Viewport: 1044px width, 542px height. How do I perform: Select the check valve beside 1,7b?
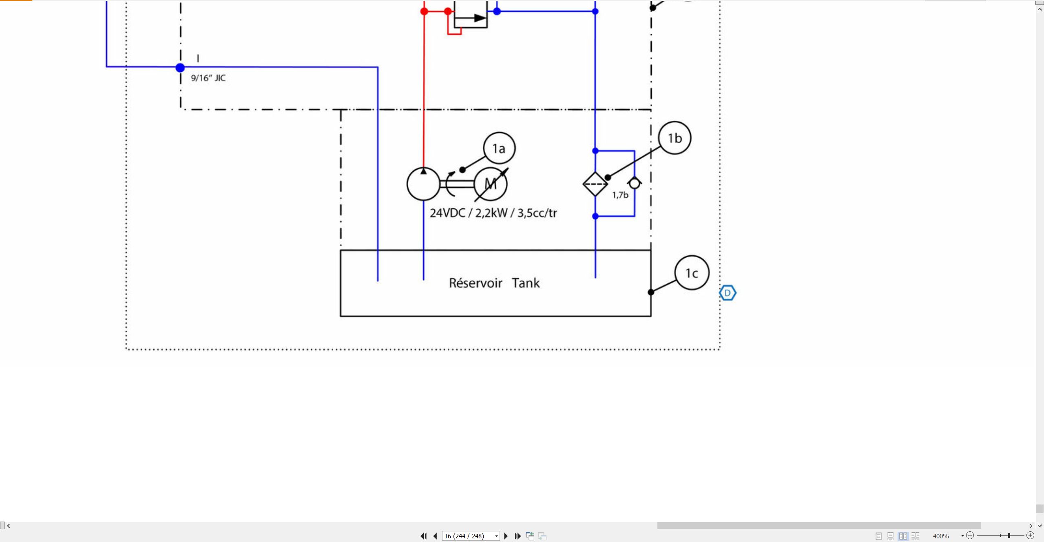635,184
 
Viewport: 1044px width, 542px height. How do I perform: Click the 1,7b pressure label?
620,195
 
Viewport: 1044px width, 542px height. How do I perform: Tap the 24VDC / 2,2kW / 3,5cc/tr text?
493,213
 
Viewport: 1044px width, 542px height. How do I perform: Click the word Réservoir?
476,283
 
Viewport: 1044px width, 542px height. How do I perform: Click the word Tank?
526,283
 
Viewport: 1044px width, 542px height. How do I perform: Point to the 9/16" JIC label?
208,78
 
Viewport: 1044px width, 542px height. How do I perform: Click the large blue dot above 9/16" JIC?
180,68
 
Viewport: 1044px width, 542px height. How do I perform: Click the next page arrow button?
506,536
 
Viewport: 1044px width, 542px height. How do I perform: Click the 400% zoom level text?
941,536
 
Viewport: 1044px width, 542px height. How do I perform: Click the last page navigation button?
518,536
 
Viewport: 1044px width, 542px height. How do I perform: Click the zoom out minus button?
970,535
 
